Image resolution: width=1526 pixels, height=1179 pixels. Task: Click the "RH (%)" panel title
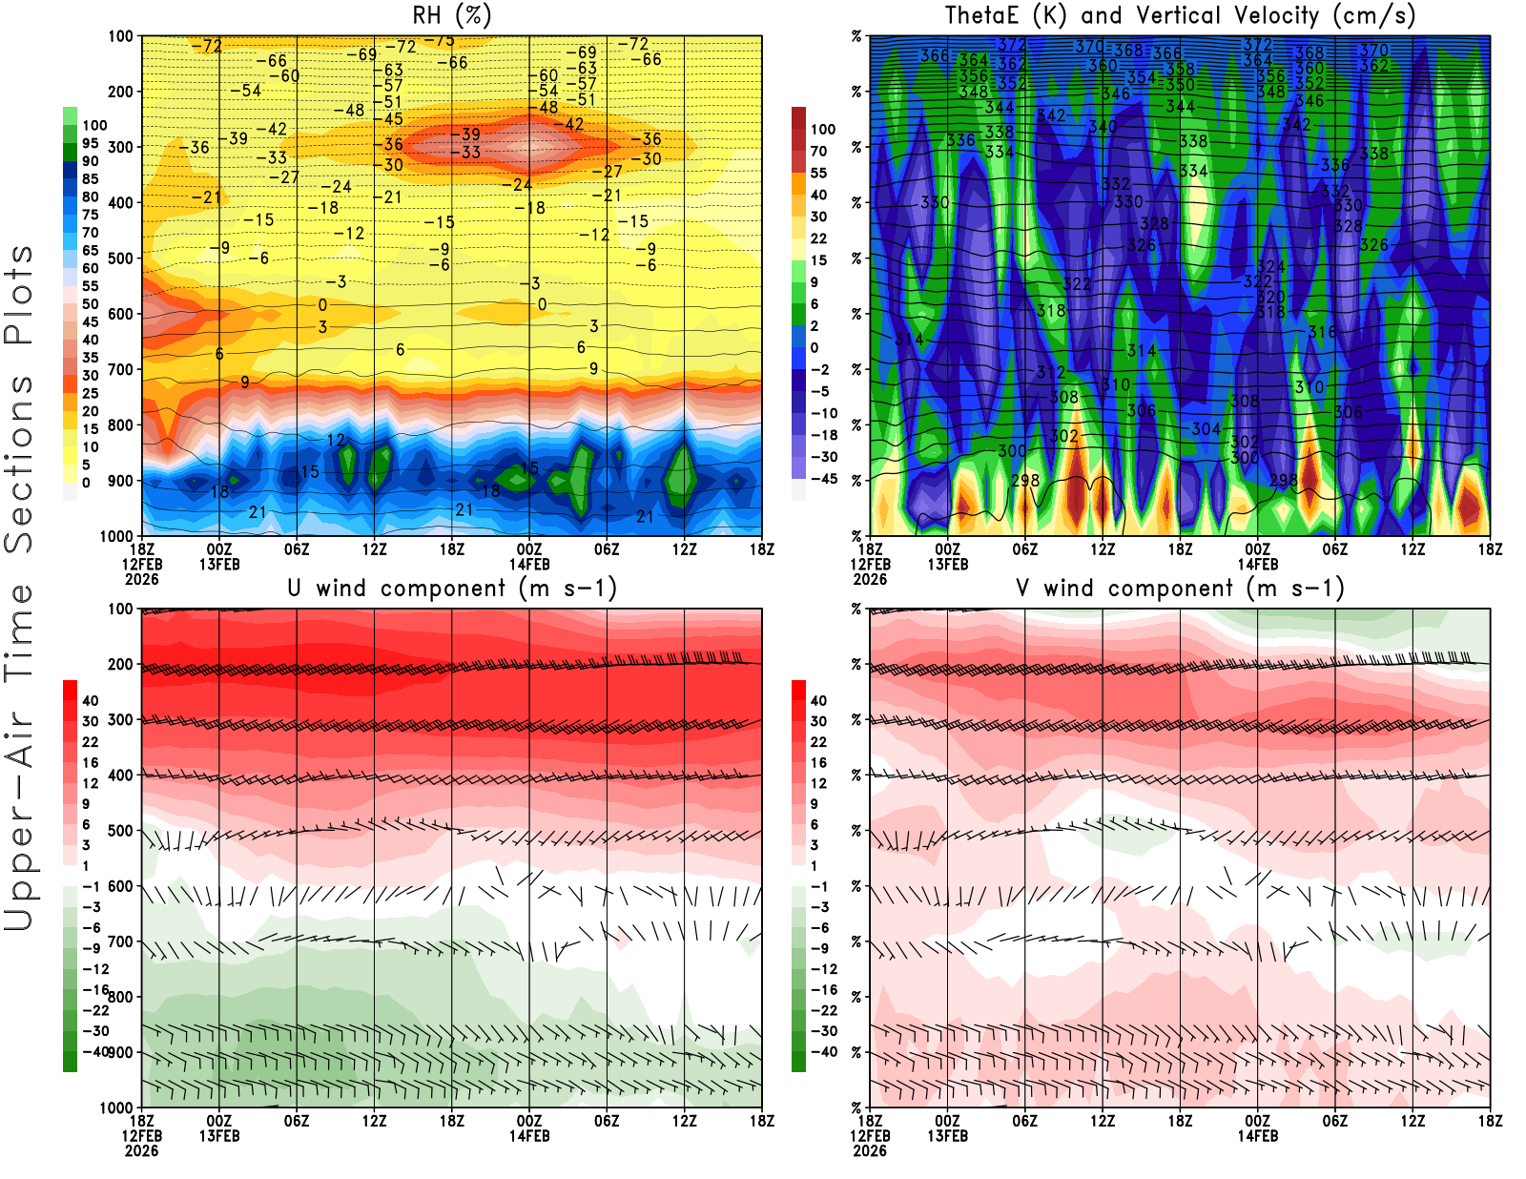[451, 15]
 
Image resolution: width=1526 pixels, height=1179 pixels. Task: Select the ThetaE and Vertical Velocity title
[1180, 15]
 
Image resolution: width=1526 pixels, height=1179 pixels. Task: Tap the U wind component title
[452, 588]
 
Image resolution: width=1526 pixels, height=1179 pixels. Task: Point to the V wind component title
[1180, 588]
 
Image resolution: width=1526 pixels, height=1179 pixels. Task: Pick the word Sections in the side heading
[19, 463]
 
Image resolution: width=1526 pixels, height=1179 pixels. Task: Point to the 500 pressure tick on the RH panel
[120, 259]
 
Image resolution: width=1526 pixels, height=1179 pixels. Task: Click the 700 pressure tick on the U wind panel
[120, 942]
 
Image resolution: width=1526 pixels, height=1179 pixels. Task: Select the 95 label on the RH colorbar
[90, 143]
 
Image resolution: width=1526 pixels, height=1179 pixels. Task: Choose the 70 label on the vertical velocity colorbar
[818, 151]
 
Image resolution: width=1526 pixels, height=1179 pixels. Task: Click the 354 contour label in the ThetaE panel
[1141, 77]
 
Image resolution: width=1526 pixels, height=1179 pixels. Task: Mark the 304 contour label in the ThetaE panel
[1206, 429]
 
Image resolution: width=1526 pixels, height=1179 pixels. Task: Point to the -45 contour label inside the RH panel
[393, 119]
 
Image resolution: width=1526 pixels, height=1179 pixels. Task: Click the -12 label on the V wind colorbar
[823, 969]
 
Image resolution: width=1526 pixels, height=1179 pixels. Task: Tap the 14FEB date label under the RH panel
[529, 564]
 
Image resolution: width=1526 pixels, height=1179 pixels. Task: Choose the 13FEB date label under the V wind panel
[947, 1136]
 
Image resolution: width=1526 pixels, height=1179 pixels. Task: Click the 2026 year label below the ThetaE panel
[870, 579]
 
